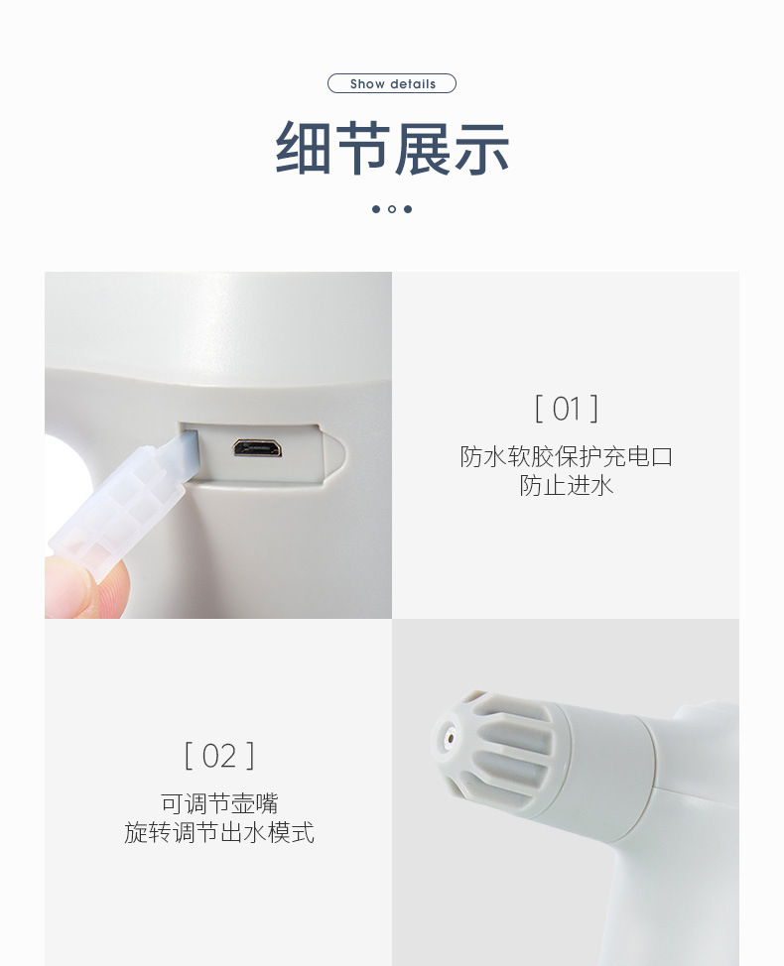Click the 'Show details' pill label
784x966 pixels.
(392, 84)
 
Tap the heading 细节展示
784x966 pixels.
(392, 149)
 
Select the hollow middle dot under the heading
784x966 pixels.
(392, 209)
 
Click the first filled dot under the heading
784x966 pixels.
(376, 209)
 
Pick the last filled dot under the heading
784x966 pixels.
(408, 209)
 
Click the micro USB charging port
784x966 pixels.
(257, 448)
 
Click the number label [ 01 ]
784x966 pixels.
(566, 409)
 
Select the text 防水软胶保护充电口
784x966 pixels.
(566, 456)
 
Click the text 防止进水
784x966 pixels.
(566, 485)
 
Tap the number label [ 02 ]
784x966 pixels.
(219, 756)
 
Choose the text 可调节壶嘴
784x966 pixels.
(219, 803)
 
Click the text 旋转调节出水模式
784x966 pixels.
(219, 832)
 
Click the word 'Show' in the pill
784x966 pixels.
(367, 84)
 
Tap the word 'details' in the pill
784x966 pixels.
(412, 84)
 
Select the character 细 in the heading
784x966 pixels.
(304, 149)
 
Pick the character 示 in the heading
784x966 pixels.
(481, 149)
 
